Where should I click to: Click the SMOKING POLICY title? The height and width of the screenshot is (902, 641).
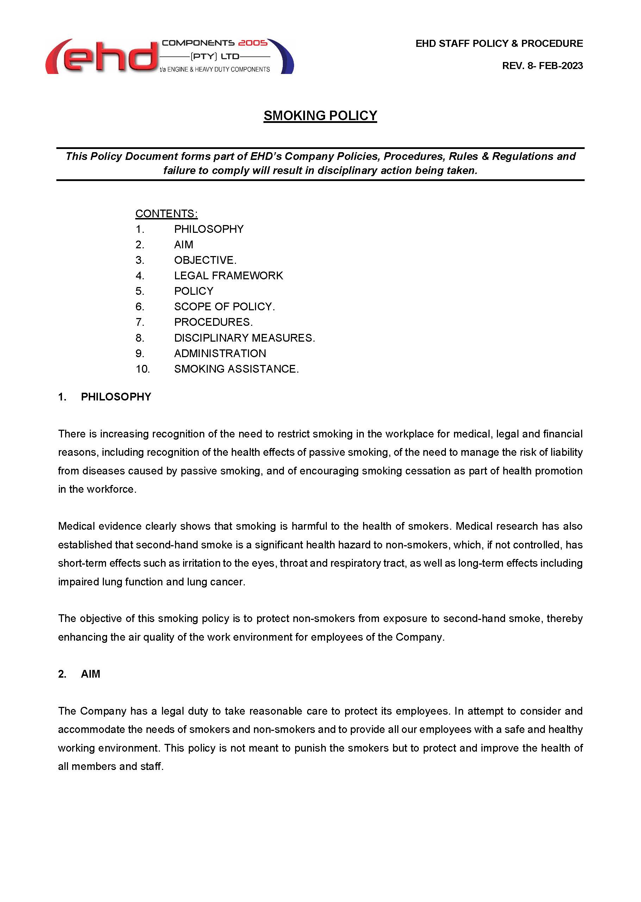(320, 116)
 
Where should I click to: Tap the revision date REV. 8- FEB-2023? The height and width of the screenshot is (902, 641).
(542, 66)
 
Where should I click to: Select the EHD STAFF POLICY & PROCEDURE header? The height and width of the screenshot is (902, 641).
(499, 43)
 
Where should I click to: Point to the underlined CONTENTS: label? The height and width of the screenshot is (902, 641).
(166, 213)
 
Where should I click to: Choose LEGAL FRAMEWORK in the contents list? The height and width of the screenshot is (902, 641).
(228, 275)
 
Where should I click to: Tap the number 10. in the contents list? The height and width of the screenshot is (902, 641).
(143, 369)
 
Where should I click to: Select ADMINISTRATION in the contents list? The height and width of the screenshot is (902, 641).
(220, 353)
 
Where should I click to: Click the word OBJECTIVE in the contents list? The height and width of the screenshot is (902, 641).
(204, 260)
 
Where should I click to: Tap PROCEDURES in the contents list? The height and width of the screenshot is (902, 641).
(212, 322)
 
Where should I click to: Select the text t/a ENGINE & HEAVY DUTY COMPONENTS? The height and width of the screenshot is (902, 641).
(215, 69)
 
